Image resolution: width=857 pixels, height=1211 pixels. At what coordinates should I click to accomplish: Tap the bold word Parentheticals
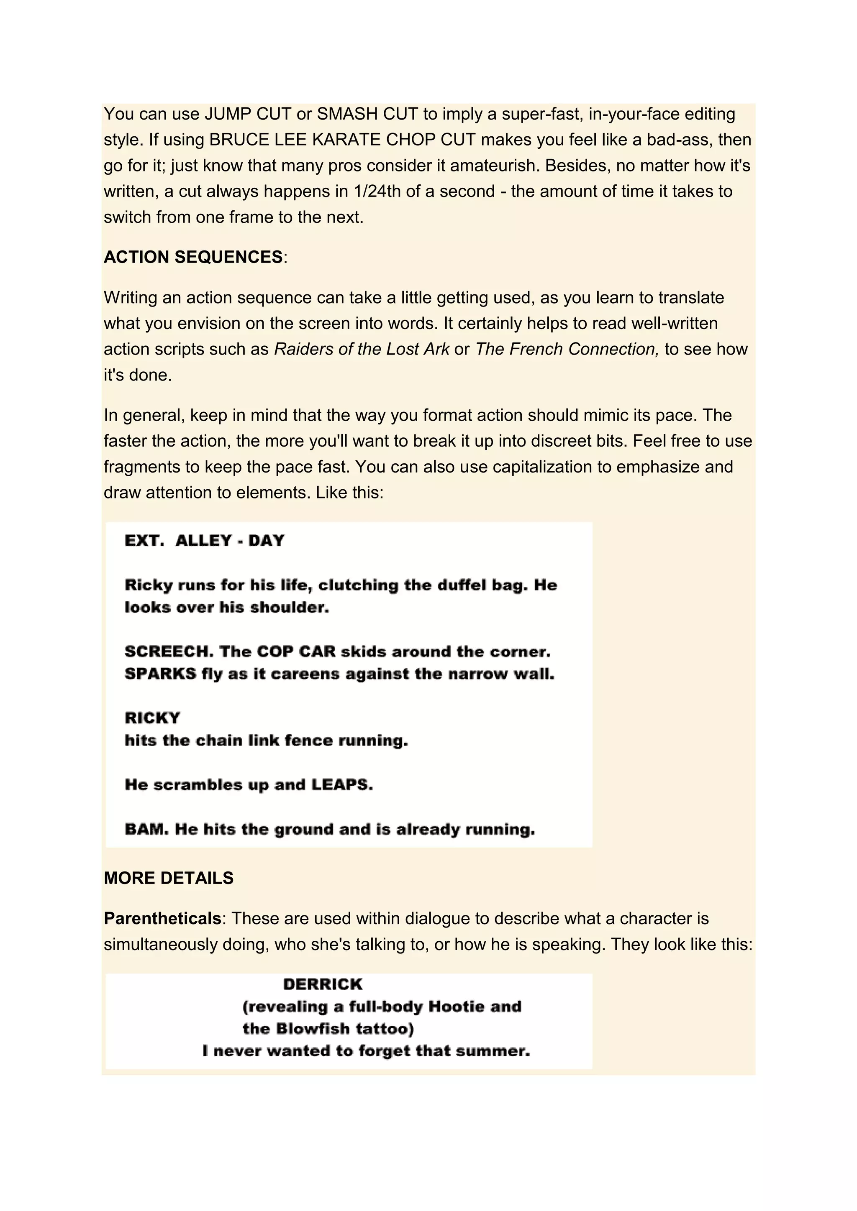pos(162,918)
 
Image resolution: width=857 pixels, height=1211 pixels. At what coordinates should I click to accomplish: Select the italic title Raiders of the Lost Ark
pos(362,349)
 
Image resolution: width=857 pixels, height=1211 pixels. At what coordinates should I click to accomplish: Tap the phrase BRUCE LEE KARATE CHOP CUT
pos(342,140)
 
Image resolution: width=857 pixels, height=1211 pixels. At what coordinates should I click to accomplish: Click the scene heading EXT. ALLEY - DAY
pos(205,541)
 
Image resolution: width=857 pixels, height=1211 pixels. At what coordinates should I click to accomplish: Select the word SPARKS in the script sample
pos(160,674)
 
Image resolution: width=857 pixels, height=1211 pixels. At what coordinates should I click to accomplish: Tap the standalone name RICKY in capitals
pos(152,718)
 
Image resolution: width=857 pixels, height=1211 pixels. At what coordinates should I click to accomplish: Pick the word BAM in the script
pos(146,829)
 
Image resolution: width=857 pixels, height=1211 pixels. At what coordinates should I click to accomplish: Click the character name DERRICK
pos(323,984)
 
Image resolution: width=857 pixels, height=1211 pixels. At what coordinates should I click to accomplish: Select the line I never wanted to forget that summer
pos(366,1051)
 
